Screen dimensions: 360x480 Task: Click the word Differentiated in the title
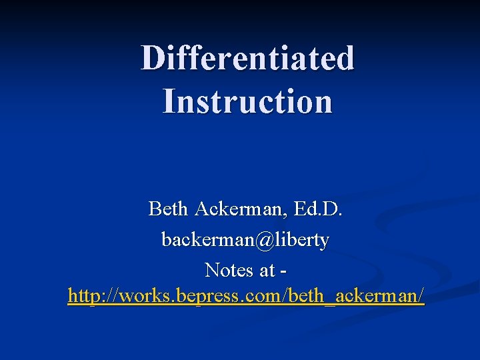tap(247, 58)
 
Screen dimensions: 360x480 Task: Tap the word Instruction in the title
tap(247, 102)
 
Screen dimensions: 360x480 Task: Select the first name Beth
tap(168, 209)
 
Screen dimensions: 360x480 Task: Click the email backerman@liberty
tap(245, 240)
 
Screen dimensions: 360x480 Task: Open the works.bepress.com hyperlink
tap(245, 296)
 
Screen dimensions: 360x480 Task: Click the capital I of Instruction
tap(169, 102)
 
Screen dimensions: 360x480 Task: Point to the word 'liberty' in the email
tap(305, 240)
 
